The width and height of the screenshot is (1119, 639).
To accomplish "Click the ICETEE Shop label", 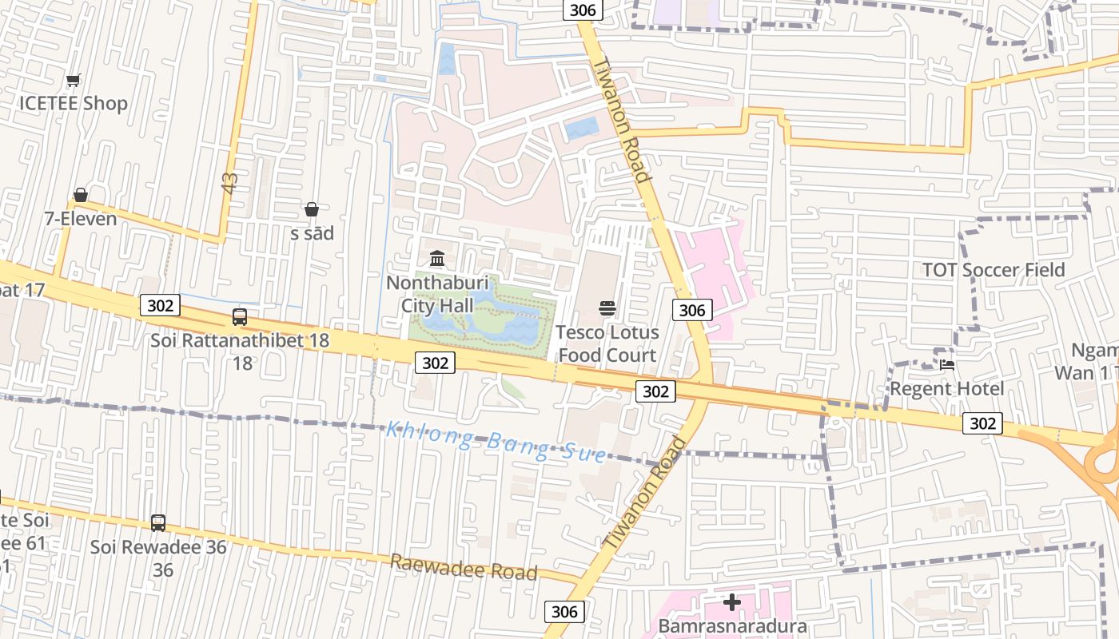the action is click(74, 103).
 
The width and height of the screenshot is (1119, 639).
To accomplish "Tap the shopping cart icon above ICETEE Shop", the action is click(74, 80).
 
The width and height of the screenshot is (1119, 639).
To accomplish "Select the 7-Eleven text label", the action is click(80, 218).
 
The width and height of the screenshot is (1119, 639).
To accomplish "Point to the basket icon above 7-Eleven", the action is click(81, 195).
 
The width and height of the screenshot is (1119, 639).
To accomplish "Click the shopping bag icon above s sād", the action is click(312, 209).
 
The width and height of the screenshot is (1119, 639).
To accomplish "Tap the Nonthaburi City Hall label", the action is click(437, 294).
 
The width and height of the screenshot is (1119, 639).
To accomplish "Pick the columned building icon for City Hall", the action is click(437, 259).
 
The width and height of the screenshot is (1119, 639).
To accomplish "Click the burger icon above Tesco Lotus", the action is click(607, 308).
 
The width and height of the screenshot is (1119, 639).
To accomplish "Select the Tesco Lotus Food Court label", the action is click(607, 343).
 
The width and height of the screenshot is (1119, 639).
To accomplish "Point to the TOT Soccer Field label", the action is click(994, 270).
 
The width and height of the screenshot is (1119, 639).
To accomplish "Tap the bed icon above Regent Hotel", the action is click(947, 364).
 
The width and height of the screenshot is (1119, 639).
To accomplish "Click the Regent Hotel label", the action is click(947, 389).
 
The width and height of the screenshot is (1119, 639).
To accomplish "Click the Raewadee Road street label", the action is click(464, 567).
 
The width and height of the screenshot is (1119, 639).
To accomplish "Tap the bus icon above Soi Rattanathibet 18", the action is click(240, 316).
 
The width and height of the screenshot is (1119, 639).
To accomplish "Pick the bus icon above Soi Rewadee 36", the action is click(158, 523).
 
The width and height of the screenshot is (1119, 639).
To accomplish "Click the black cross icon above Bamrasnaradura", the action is click(732, 601).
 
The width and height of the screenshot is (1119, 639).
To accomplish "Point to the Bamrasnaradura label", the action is click(732, 626).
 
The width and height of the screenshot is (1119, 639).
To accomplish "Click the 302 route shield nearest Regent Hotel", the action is click(982, 423).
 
